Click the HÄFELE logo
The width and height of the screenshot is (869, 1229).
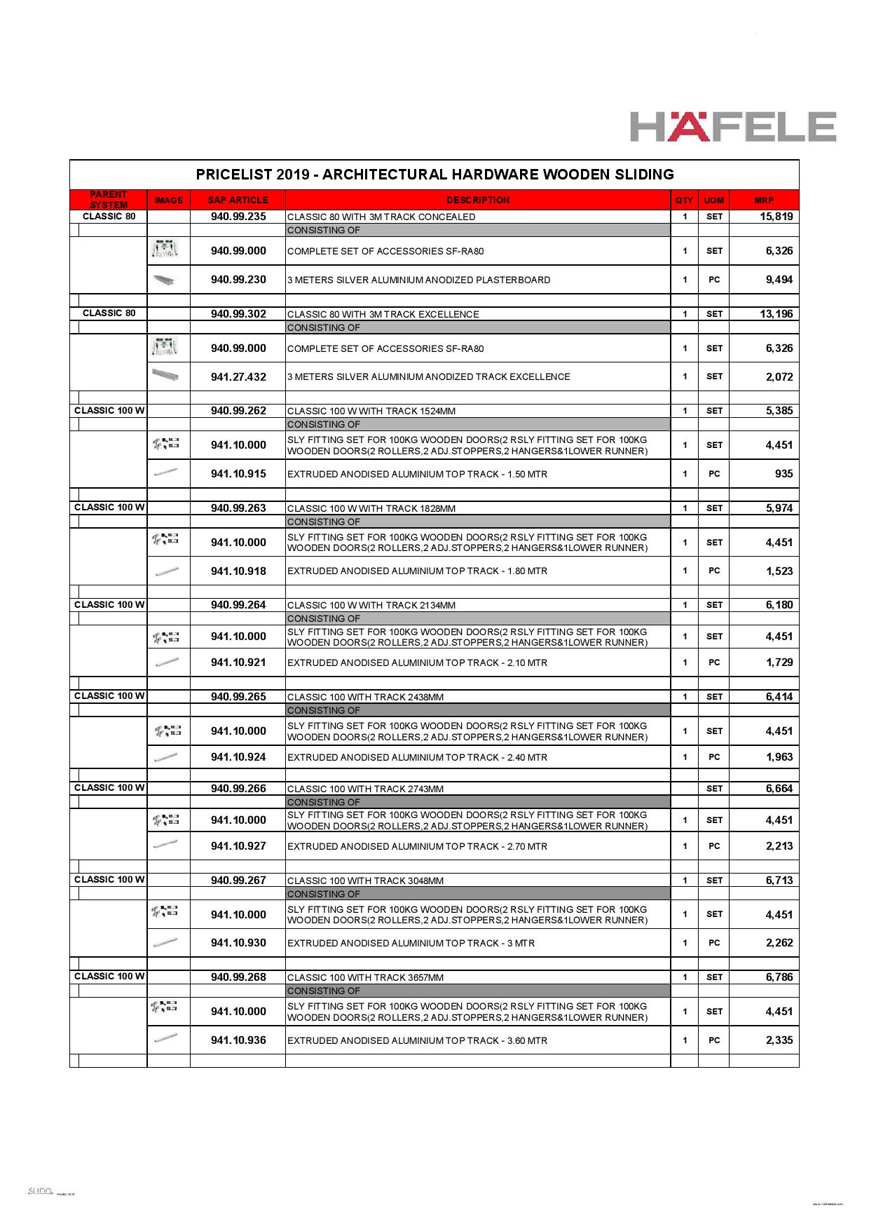click(x=732, y=126)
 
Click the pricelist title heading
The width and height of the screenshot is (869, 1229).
click(x=434, y=175)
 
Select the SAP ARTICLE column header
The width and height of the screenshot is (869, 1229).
click(x=238, y=201)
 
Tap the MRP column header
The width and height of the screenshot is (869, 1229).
click(x=764, y=201)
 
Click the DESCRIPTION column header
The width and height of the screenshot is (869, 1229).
click(x=477, y=201)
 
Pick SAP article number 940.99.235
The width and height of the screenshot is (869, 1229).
click(x=238, y=217)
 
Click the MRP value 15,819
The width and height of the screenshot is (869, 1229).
click(x=776, y=217)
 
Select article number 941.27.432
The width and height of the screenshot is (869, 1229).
click(x=238, y=377)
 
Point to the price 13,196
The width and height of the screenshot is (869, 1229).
click(x=776, y=314)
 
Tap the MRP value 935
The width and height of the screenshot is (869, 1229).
click(x=784, y=474)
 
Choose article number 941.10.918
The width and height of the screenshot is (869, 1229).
click(x=238, y=571)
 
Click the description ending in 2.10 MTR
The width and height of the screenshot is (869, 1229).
click(x=418, y=663)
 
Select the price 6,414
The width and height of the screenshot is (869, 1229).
click(x=779, y=697)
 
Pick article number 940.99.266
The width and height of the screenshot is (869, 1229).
click(x=238, y=789)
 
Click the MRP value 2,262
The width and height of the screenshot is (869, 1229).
click(x=779, y=943)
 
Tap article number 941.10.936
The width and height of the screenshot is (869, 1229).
click(x=238, y=1040)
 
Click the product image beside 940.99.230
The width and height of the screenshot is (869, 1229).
click(x=168, y=280)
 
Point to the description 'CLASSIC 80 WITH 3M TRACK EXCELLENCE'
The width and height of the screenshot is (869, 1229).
click(x=383, y=315)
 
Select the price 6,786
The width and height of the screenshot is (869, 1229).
click(x=779, y=977)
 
